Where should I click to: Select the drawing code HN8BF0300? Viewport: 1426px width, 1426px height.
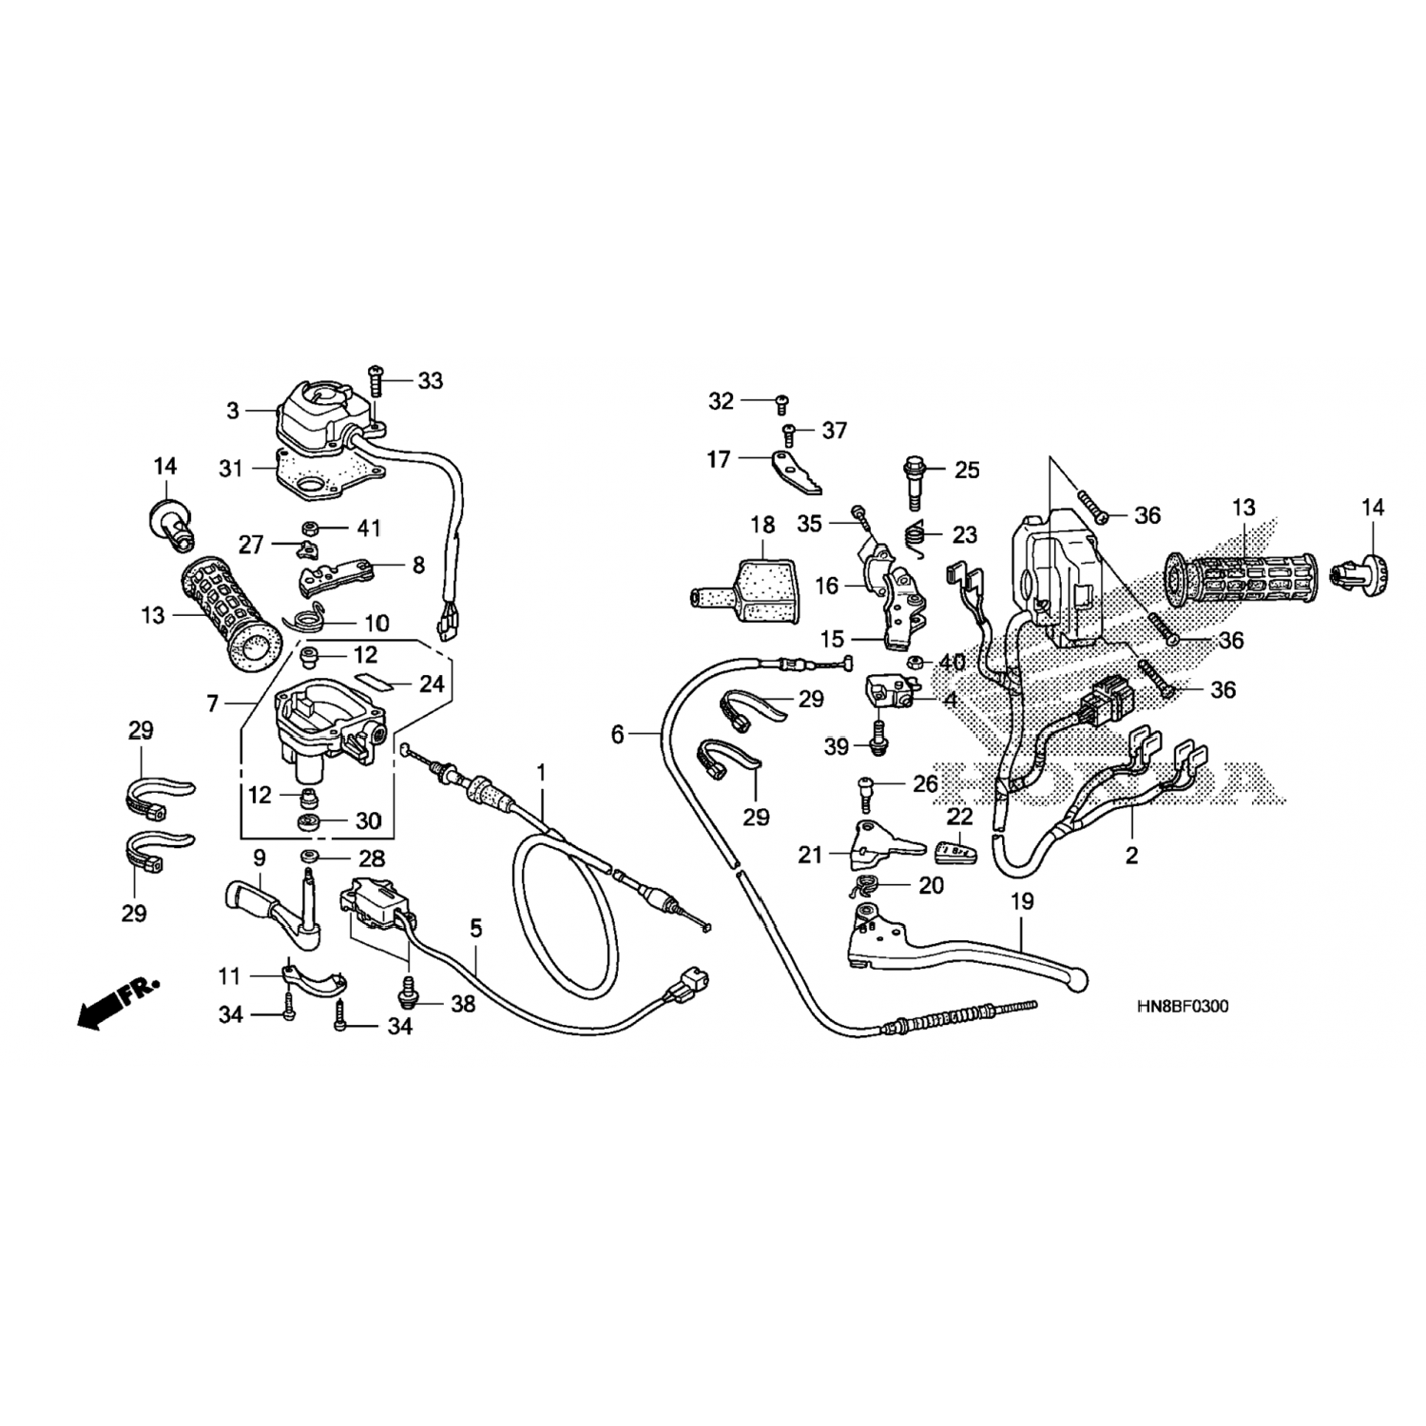(x=1182, y=1007)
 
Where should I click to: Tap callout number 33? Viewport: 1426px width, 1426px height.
(x=430, y=380)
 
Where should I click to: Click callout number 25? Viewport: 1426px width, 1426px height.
(x=966, y=470)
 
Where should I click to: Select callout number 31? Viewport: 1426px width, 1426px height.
(x=231, y=468)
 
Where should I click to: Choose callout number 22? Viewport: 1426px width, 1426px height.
(x=960, y=817)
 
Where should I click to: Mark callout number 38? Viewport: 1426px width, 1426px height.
(x=462, y=1004)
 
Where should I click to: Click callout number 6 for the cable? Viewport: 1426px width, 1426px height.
(x=618, y=734)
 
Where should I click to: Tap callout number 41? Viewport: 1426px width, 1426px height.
(x=368, y=528)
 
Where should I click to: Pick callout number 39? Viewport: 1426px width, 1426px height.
(x=837, y=747)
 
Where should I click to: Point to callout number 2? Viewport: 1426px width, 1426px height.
(x=1131, y=856)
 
